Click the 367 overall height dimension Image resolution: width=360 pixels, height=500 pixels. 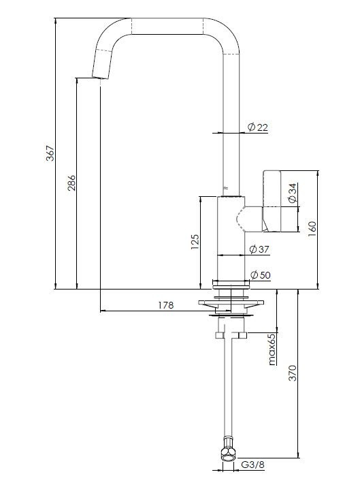pyautogui.click(x=50, y=153)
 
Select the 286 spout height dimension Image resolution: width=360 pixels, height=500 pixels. pyautogui.click(x=71, y=183)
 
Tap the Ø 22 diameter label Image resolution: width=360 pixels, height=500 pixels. pyautogui.click(x=258, y=127)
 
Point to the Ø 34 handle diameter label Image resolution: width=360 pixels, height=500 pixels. pyautogui.click(x=292, y=192)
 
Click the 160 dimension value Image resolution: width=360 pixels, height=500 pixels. pyautogui.click(x=312, y=229)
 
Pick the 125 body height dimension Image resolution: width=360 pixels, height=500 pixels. pyautogui.click(x=195, y=242)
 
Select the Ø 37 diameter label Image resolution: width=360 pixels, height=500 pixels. pyautogui.click(x=259, y=249)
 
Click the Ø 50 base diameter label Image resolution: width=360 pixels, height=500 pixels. pyautogui.click(x=260, y=275)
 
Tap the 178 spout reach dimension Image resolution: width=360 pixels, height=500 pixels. pyautogui.click(x=166, y=305)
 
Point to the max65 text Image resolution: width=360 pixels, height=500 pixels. pyautogui.click(x=272, y=349)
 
